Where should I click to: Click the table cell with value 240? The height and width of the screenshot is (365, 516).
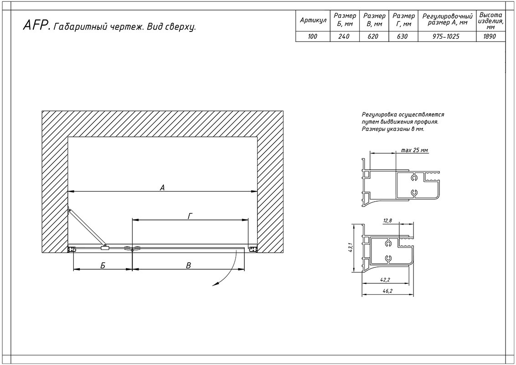pyautogui.click(x=344, y=36)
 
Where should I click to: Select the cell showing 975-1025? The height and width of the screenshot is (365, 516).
pyautogui.click(x=447, y=36)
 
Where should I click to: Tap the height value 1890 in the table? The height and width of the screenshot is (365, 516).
pyautogui.click(x=490, y=36)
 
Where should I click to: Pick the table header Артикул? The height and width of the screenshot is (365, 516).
pyautogui.click(x=313, y=21)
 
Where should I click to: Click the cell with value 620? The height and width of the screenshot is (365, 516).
pyautogui.click(x=373, y=36)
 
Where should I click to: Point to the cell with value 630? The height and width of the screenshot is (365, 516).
pyautogui.click(x=402, y=36)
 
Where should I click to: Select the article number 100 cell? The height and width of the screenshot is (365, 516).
pyautogui.click(x=313, y=36)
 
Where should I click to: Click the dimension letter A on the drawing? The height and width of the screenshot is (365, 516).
pyautogui.click(x=162, y=188)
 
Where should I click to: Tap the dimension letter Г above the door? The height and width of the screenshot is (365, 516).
pyautogui.click(x=190, y=216)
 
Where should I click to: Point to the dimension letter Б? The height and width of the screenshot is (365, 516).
pyautogui.click(x=103, y=266)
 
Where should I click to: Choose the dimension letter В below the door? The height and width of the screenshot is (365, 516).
pyautogui.click(x=188, y=266)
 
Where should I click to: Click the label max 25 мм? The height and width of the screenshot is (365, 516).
pyautogui.click(x=414, y=150)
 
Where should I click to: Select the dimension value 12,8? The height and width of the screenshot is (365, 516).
pyautogui.click(x=387, y=221)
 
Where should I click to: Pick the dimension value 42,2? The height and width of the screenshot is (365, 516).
pyautogui.click(x=385, y=280)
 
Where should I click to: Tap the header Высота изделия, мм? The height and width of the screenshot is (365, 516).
pyautogui.click(x=490, y=21)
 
